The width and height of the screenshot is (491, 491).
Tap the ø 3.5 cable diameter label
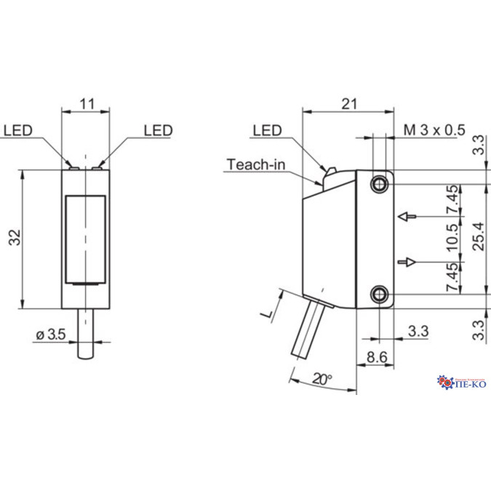pyautogui.click(x=50, y=335)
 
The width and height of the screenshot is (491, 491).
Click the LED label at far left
pyautogui.click(x=17, y=131)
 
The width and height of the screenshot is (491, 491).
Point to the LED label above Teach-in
pyautogui.click(x=267, y=131)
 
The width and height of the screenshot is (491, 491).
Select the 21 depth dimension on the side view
pyautogui.click(x=348, y=104)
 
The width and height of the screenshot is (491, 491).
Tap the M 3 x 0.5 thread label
pyautogui.click(x=434, y=130)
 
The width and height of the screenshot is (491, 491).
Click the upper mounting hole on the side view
pyautogui.click(x=379, y=185)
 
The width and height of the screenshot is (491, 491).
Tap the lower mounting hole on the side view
pyautogui.click(x=379, y=293)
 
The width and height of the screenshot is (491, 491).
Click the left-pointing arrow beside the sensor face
pyautogui.click(x=409, y=217)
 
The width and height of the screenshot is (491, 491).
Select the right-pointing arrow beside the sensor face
pyautogui.click(x=409, y=261)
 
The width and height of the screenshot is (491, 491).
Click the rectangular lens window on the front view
pyautogui.click(x=86, y=239)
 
